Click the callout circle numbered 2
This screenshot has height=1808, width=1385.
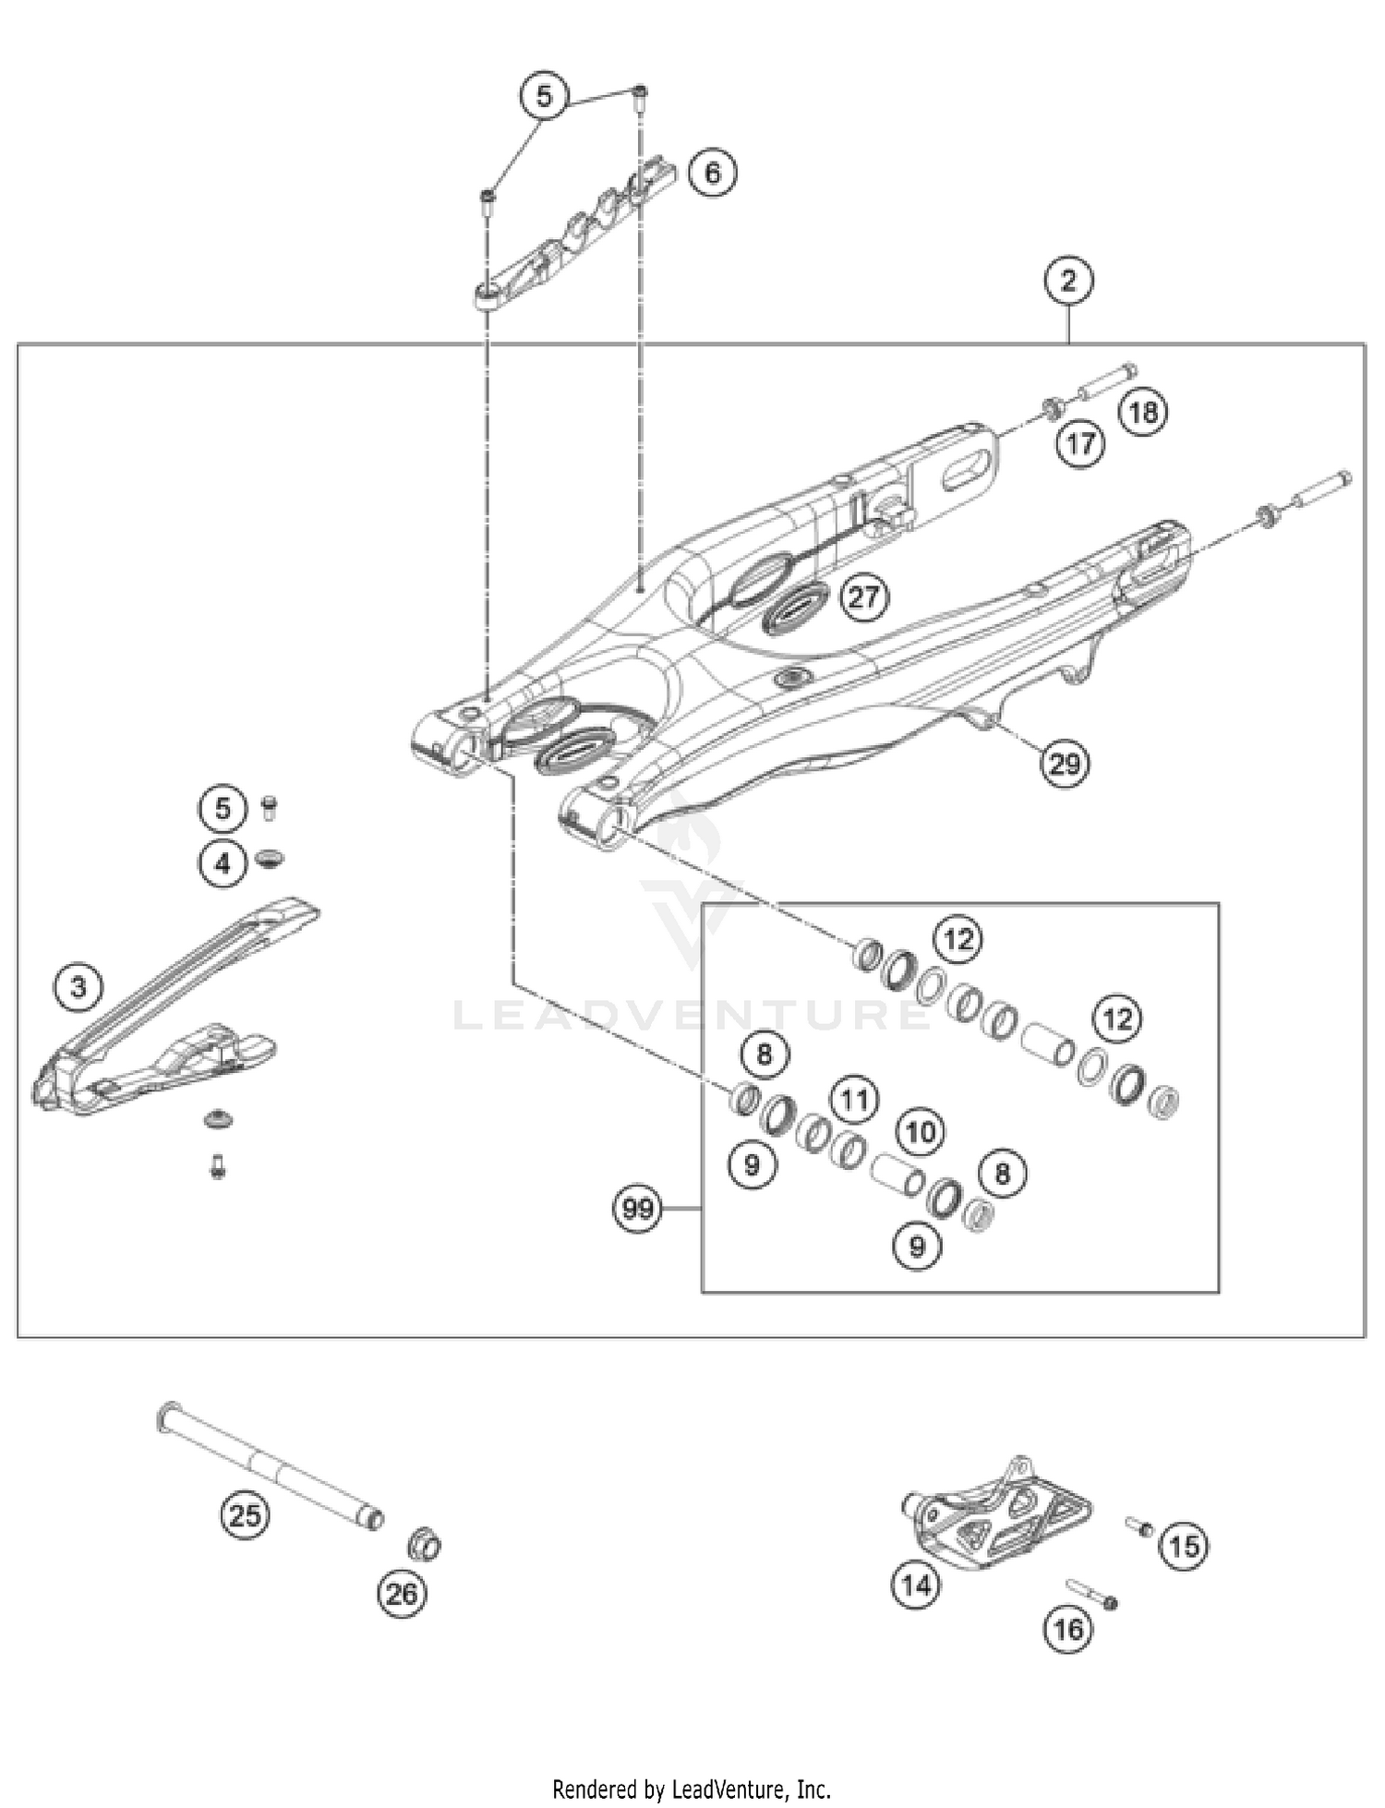[1068, 281]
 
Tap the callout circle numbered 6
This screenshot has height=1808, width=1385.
[712, 173]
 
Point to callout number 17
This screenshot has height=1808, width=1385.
[1080, 444]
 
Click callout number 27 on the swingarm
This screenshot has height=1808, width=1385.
[863, 597]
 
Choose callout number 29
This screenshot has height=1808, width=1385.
[1065, 764]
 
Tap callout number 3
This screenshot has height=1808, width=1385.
[78, 987]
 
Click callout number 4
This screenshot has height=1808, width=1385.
[223, 864]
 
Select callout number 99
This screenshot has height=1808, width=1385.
[638, 1208]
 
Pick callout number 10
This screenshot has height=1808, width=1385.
[920, 1131]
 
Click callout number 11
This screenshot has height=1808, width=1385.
[855, 1099]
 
